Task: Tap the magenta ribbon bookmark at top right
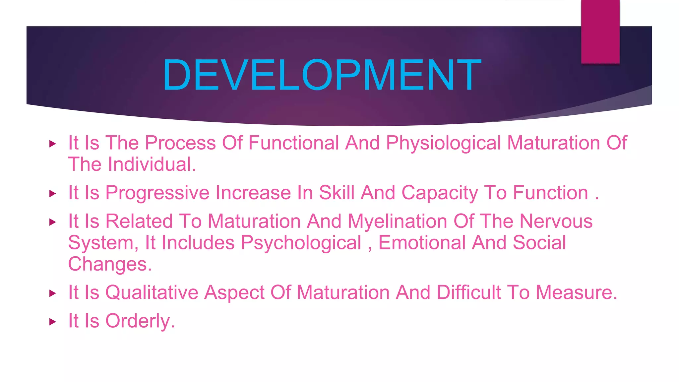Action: click(600, 32)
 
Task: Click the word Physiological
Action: click(443, 143)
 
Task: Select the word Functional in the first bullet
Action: click(294, 143)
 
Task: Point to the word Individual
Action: click(152, 164)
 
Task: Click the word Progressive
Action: click(157, 193)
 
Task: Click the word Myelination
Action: click(398, 222)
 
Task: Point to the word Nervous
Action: click(556, 222)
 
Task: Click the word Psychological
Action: click(301, 243)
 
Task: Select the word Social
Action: click(539, 243)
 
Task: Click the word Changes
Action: click(110, 265)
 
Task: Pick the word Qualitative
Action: click(152, 293)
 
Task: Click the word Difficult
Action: click(468, 293)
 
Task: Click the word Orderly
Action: click(140, 321)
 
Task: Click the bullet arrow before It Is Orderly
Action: click(52, 322)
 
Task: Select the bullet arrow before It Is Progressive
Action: click(52, 194)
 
